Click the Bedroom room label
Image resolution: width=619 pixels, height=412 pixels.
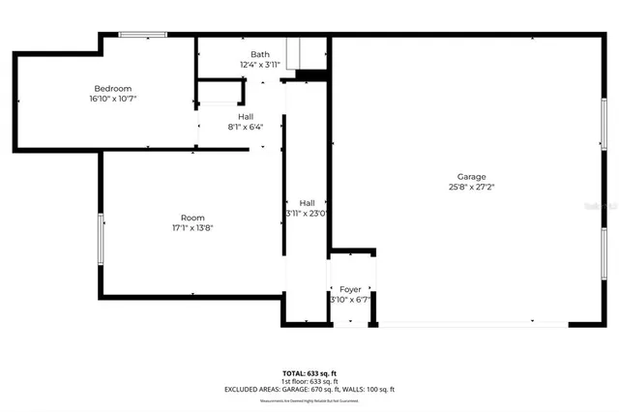point(112,89)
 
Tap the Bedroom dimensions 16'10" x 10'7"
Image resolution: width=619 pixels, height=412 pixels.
point(112,99)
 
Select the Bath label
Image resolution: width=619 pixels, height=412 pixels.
point(260,55)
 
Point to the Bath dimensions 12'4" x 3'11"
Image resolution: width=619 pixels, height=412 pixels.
point(260,65)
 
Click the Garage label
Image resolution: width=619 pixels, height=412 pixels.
point(472,177)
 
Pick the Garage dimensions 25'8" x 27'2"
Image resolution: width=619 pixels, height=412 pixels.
point(472,187)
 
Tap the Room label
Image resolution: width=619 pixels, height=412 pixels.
point(192,218)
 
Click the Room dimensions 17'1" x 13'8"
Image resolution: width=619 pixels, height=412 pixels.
point(192,228)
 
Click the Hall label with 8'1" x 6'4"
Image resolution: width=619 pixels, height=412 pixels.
point(246,116)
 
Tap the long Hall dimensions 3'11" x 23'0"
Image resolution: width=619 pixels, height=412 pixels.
point(308,213)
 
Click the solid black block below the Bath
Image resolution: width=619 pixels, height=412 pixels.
point(310,75)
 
